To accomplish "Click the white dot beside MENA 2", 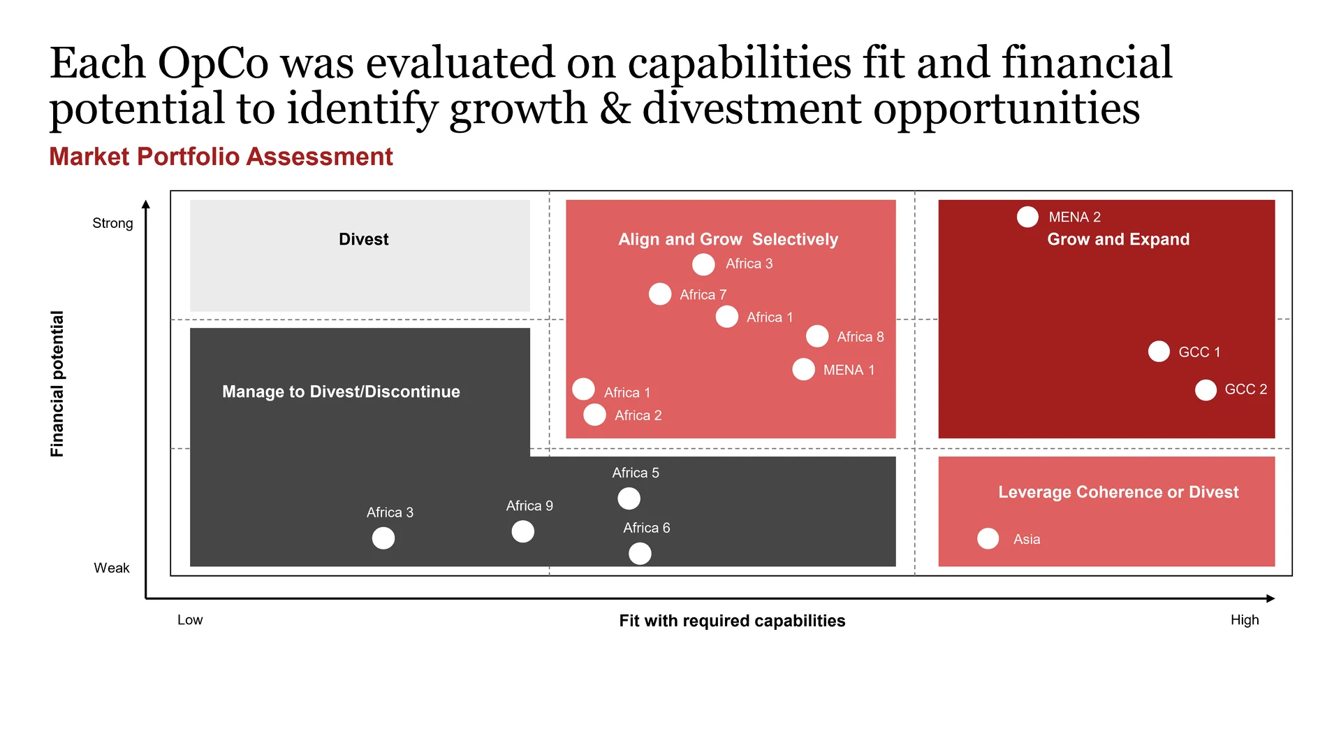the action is pyautogui.click(x=1027, y=217).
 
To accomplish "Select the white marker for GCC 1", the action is pyautogui.click(x=1159, y=351).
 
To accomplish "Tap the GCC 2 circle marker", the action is pyautogui.click(x=1206, y=390).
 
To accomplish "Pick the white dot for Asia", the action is pyautogui.click(x=988, y=538).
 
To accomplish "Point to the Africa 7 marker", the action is pyautogui.click(x=660, y=294).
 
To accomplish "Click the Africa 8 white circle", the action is pyautogui.click(x=817, y=336).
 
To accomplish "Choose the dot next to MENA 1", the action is pyautogui.click(x=803, y=369).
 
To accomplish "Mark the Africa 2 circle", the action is pyautogui.click(x=594, y=415).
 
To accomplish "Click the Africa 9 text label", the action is pyautogui.click(x=529, y=505).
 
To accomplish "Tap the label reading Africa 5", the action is pyautogui.click(x=636, y=473).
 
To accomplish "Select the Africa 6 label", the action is pyautogui.click(x=647, y=528).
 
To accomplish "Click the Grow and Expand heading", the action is pyautogui.click(x=1118, y=239).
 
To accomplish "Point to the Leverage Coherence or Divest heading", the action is pyautogui.click(x=1118, y=492).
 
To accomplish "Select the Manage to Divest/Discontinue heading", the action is pyautogui.click(x=341, y=391).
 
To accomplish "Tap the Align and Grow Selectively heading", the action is pyautogui.click(x=728, y=239).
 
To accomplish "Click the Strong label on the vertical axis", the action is pyautogui.click(x=112, y=223).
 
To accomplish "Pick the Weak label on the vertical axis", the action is pyautogui.click(x=112, y=568).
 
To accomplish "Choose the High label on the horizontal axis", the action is pyautogui.click(x=1245, y=620).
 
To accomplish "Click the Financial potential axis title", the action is pyautogui.click(x=57, y=384).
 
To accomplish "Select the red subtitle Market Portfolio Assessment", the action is pyautogui.click(x=221, y=157).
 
